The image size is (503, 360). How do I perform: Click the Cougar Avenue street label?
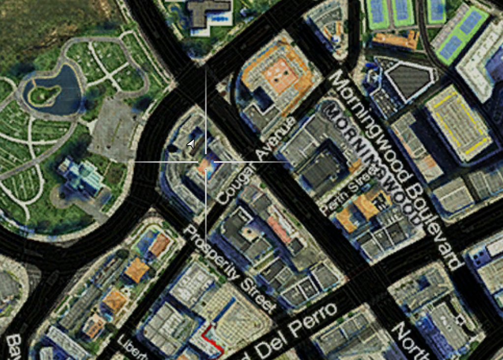[256, 160]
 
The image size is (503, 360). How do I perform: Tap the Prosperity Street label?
[228, 268]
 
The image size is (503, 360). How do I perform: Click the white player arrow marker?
[191, 144]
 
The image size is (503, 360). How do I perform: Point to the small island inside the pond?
[44, 94]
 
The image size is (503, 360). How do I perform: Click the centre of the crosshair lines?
[206, 162]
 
